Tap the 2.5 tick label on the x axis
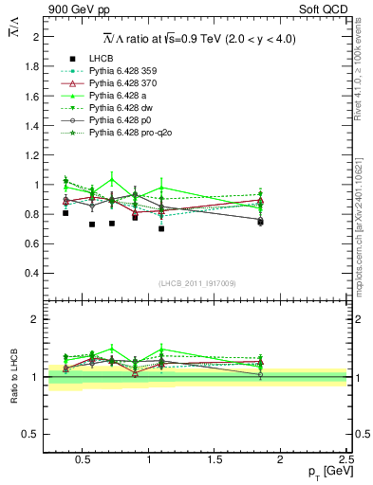pos(345,458)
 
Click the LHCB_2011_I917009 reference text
pos(196,282)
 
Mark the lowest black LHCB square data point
pos(161,228)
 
